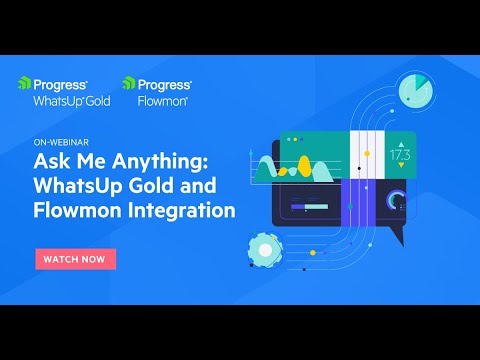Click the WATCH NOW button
click(x=76, y=258)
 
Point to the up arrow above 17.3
click(x=399, y=141)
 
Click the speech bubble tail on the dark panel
click(x=396, y=236)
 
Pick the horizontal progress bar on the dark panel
click(x=310, y=207)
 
